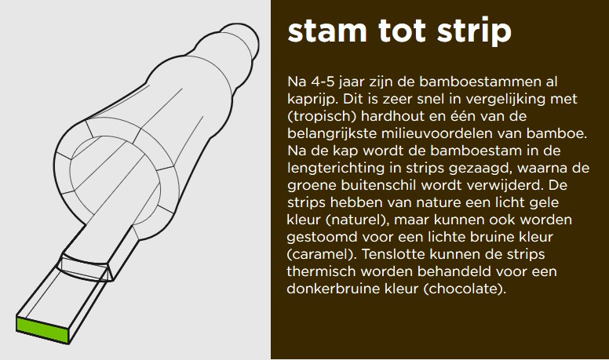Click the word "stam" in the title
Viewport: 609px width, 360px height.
pos(327,31)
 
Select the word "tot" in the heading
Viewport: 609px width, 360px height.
pos(402,31)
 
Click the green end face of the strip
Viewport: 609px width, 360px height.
pos(42,329)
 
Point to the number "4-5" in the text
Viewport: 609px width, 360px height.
pos(323,82)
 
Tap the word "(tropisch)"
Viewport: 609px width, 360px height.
pos(322,117)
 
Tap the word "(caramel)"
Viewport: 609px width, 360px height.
pos(322,255)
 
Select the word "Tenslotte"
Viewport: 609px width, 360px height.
pos(393,254)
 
